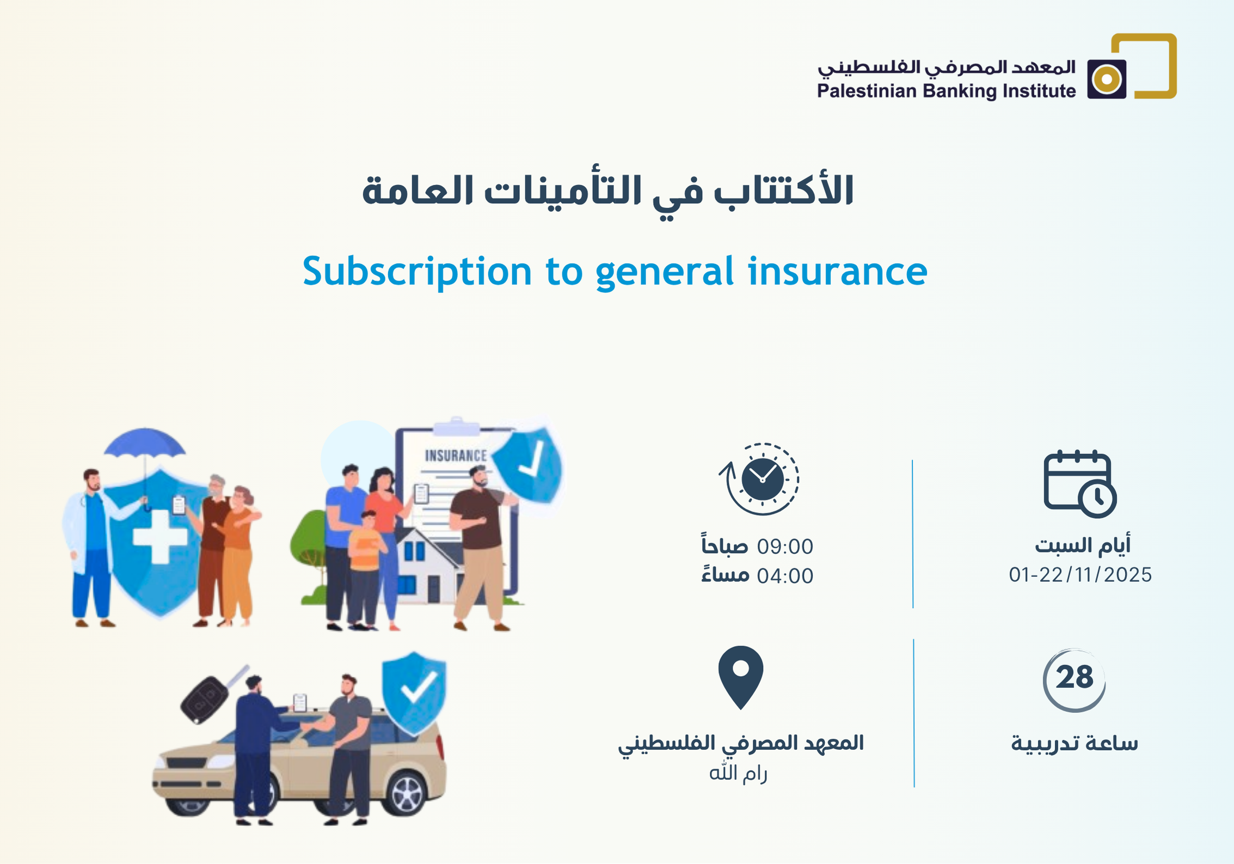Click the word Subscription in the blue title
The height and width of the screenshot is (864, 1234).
(417, 272)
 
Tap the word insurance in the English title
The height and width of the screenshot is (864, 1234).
(838, 271)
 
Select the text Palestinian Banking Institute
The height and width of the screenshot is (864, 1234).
(946, 91)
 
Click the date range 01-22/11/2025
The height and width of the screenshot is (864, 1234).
(1080, 575)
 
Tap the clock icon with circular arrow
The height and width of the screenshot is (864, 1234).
(759, 479)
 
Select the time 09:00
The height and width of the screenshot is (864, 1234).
(785, 547)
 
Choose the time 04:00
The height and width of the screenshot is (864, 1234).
(785, 576)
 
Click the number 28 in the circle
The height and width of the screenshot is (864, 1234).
(1074, 677)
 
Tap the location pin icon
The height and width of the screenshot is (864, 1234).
(740, 677)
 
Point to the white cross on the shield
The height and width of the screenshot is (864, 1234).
(160, 536)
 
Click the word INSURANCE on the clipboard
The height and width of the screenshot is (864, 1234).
(456, 455)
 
